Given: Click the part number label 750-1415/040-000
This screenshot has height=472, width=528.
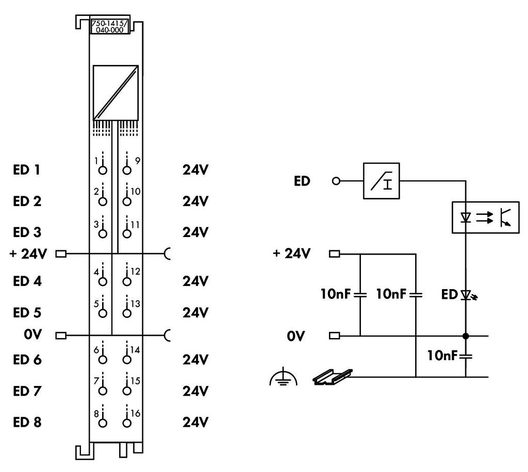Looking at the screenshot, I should (x=109, y=26).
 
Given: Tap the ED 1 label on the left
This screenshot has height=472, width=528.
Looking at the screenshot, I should (x=27, y=170).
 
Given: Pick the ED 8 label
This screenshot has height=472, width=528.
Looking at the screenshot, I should (x=27, y=423).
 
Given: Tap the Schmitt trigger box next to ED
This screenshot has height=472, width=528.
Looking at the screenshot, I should (x=381, y=181).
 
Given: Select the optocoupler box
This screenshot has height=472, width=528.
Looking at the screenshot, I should (x=485, y=217).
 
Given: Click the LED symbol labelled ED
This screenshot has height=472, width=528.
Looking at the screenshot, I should (x=466, y=295).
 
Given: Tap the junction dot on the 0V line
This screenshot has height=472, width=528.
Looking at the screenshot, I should (x=466, y=336).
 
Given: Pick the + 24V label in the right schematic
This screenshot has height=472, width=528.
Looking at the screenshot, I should (x=292, y=254).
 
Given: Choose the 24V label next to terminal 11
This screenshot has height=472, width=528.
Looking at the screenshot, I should (x=195, y=232).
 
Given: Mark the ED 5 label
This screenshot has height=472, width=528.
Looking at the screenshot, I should (x=27, y=313).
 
